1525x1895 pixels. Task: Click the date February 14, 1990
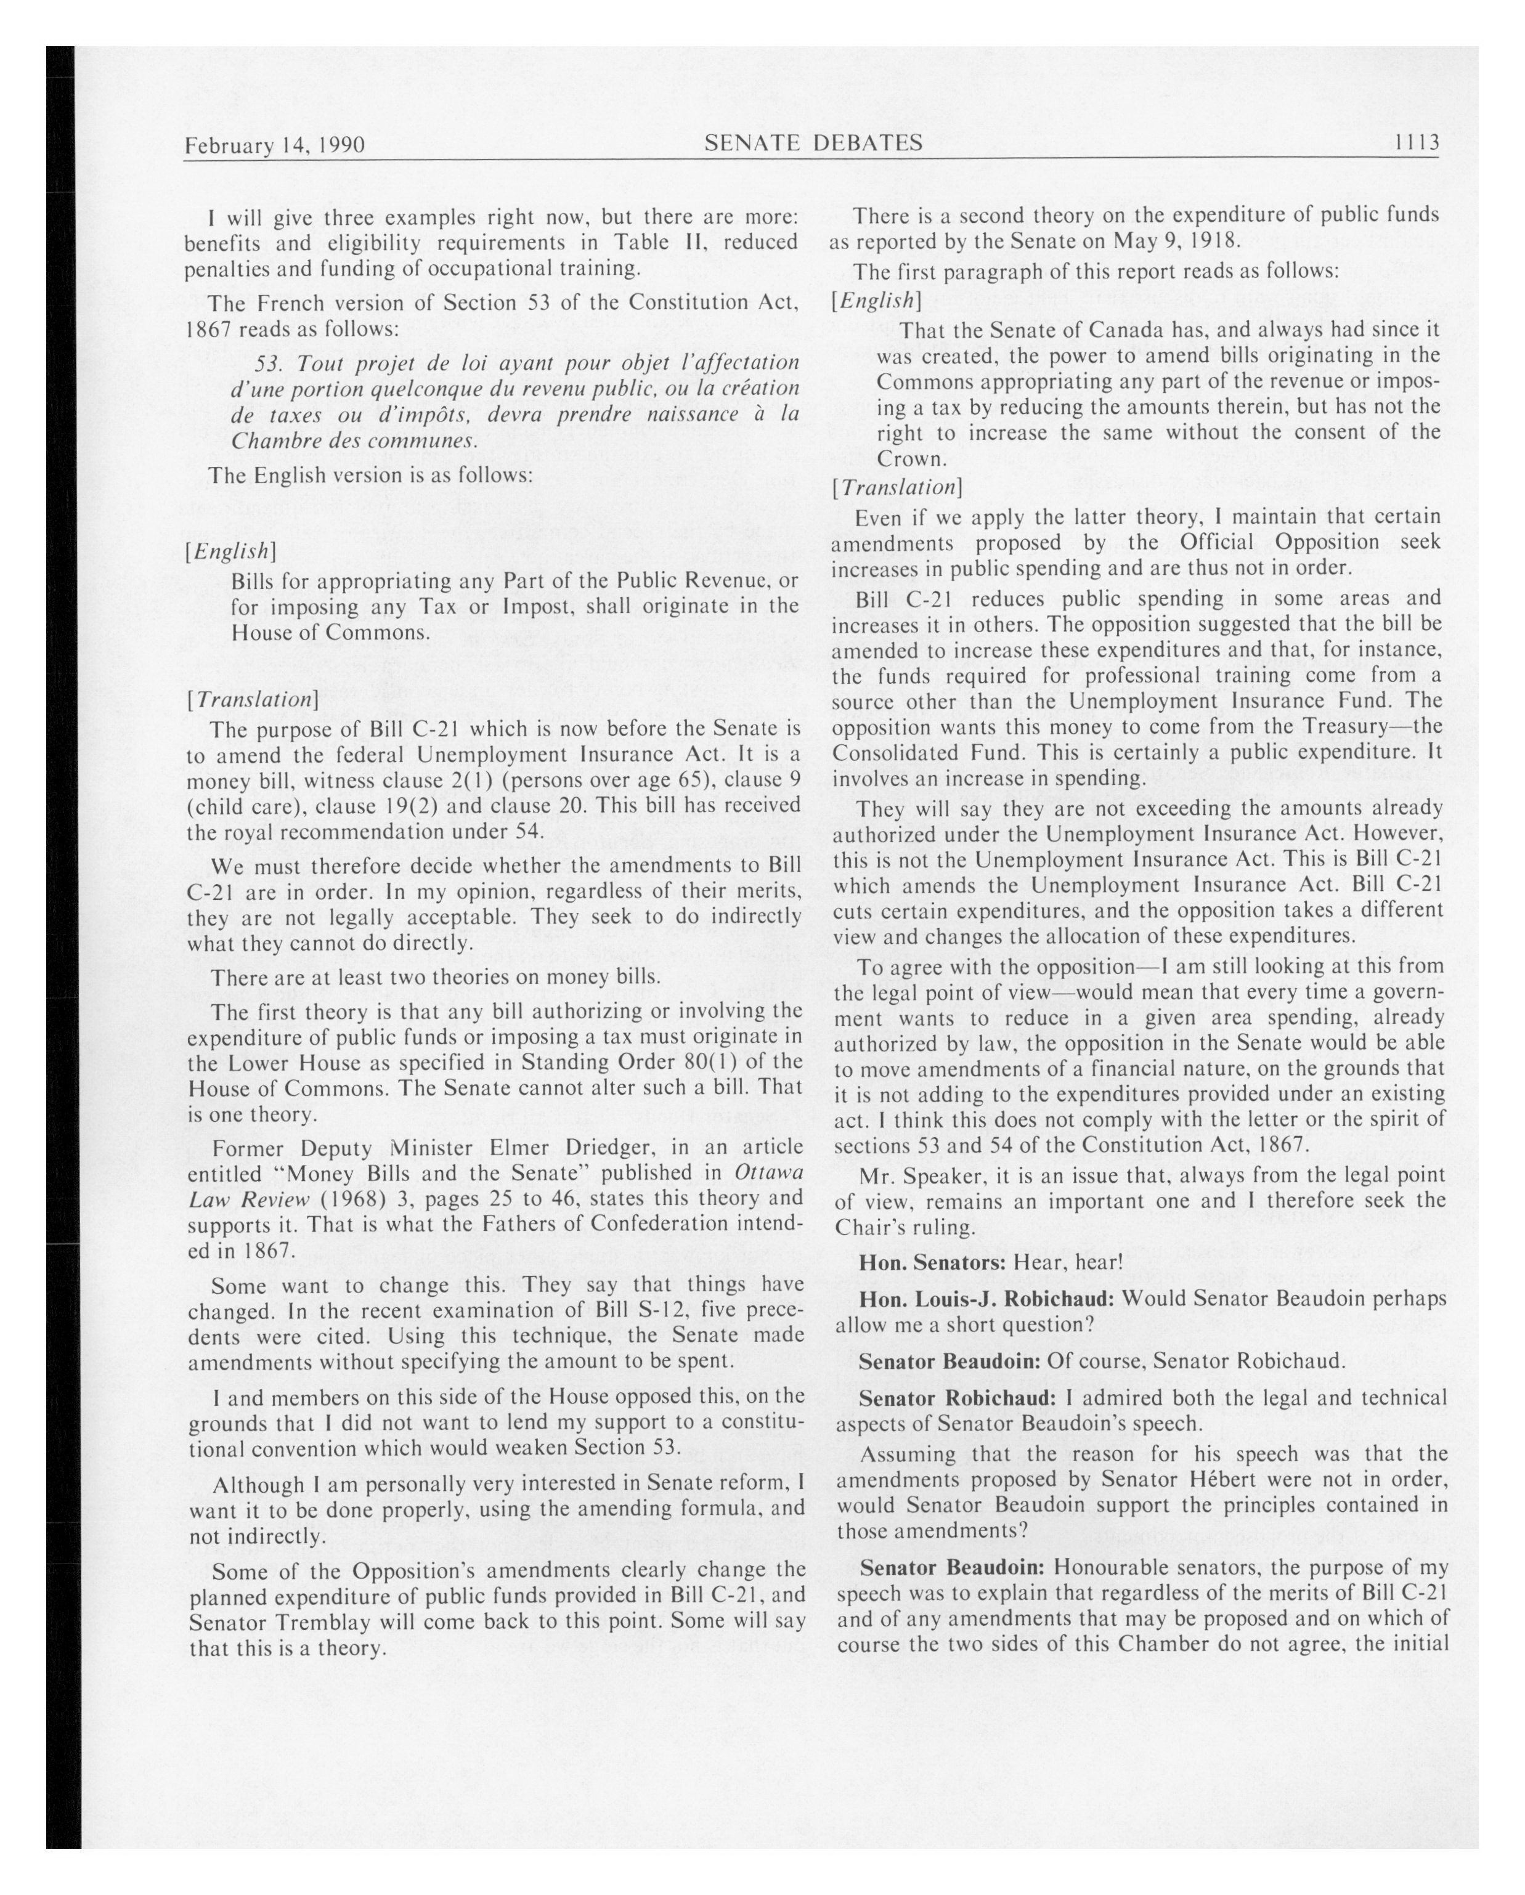point(274,145)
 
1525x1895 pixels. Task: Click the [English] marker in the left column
point(231,551)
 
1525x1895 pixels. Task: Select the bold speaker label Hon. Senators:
point(932,1263)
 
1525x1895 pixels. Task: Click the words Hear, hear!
point(1068,1263)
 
